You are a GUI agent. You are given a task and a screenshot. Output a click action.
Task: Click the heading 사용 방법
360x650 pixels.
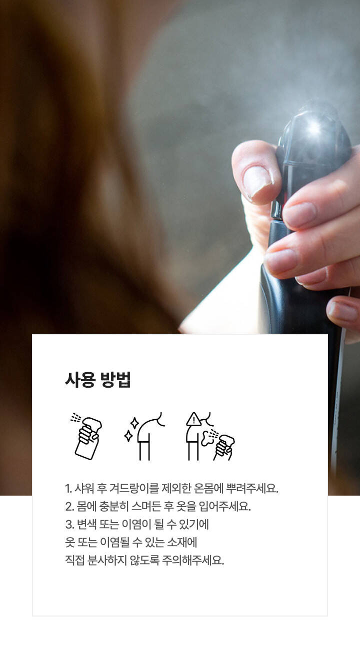pyautogui.click(x=98, y=380)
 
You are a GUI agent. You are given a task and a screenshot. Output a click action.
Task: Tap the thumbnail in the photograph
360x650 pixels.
pyautogui.click(x=257, y=182)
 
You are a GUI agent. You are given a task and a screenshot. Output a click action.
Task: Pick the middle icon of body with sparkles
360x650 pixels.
pyautogui.click(x=144, y=436)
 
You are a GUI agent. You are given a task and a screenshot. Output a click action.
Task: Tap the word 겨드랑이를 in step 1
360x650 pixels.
pyautogui.click(x=134, y=488)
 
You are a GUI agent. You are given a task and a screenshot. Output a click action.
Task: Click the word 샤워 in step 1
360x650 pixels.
pyautogui.click(x=84, y=488)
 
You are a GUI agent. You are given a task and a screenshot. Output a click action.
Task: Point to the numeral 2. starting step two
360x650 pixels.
pyautogui.click(x=69, y=507)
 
